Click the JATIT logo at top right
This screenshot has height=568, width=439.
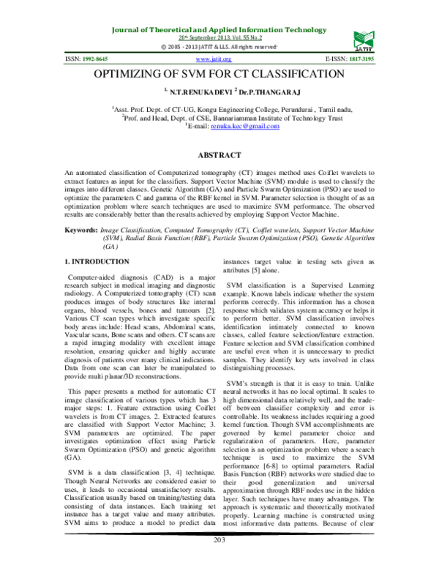pyautogui.click(x=364, y=37)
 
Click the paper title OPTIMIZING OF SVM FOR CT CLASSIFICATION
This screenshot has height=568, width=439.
pyautogui.click(x=219, y=75)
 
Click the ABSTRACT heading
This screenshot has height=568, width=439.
pyautogui.click(x=219, y=156)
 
